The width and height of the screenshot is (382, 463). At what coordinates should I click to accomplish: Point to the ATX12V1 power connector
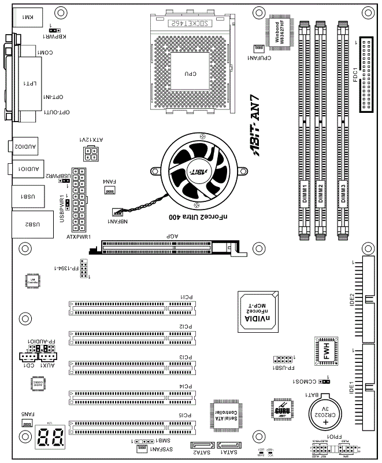point(90,154)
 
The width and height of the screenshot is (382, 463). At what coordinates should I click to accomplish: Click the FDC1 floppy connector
point(365,75)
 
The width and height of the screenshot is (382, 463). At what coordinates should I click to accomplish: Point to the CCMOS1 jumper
point(325,382)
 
